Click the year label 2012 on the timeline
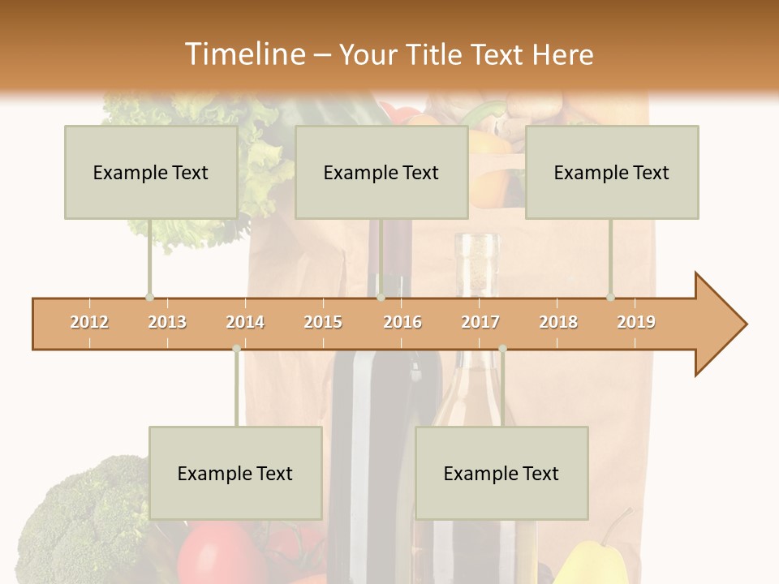(x=89, y=322)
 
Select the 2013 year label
(x=167, y=322)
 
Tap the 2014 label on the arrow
(x=245, y=322)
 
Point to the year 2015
(x=323, y=322)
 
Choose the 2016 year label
(x=402, y=322)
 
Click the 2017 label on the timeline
(x=480, y=322)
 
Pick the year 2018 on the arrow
(x=558, y=322)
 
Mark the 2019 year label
(x=636, y=322)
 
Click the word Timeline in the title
(x=243, y=54)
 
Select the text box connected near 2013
(x=151, y=172)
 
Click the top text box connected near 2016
(x=381, y=172)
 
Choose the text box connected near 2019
(x=612, y=172)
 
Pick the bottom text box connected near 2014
(x=235, y=473)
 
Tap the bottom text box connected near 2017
(x=501, y=473)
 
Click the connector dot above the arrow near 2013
(x=149, y=297)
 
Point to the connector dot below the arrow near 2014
(x=236, y=349)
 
